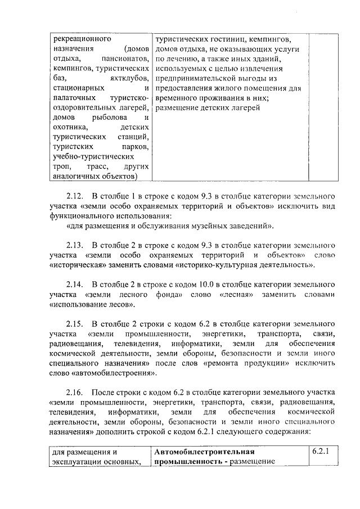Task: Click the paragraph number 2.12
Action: point(75,196)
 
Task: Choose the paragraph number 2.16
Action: point(75,391)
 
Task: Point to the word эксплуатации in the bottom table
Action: point(77,462)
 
